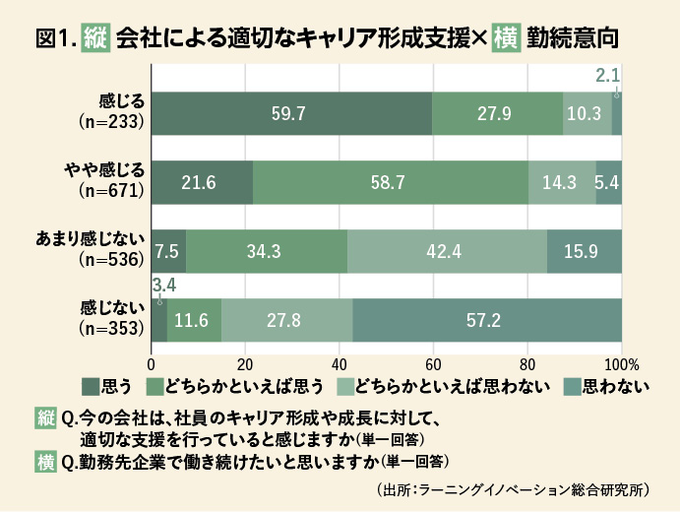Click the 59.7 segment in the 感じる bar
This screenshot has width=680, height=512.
pos(291,113)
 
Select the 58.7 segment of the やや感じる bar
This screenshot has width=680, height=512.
pos(390,181)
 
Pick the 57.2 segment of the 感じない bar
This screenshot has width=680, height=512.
pos(487,319)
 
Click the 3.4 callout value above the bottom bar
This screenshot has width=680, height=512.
pos(163,286)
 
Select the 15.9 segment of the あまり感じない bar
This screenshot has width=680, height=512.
pos(584,250)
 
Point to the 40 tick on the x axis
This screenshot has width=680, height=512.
pos(340,360)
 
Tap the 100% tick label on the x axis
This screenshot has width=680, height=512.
pos(621,360)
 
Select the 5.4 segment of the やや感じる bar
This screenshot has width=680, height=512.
pos(608,181)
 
